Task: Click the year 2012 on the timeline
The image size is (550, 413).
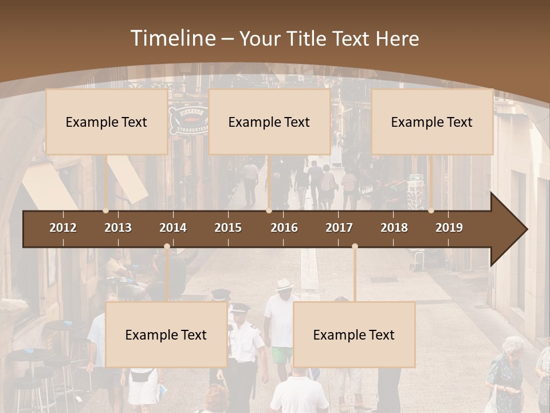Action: pos(63,228)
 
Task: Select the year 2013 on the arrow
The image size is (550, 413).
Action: pos(118,228)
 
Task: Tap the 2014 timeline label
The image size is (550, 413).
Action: pos(173,228)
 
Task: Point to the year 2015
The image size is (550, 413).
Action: pos(228,228)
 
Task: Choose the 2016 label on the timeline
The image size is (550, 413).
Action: pos(284,228)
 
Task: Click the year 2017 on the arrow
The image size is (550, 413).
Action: pos(339,228)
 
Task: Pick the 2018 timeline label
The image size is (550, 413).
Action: pos(394,228)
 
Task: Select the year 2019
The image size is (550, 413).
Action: pos(449,228)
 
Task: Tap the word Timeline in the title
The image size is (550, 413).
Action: pos(173,38)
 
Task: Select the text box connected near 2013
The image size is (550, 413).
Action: pos(107,122)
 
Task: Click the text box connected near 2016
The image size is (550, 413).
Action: pos(269,122)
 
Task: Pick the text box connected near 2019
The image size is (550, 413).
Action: pos(432,122)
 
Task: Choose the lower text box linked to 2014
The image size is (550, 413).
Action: pos(166,334)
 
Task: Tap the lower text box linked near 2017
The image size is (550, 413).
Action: pos(354,334)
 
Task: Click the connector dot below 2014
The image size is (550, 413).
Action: pos(167,247)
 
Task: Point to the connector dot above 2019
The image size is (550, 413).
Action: pos(431,211)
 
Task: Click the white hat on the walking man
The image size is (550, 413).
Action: pos(284,285)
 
